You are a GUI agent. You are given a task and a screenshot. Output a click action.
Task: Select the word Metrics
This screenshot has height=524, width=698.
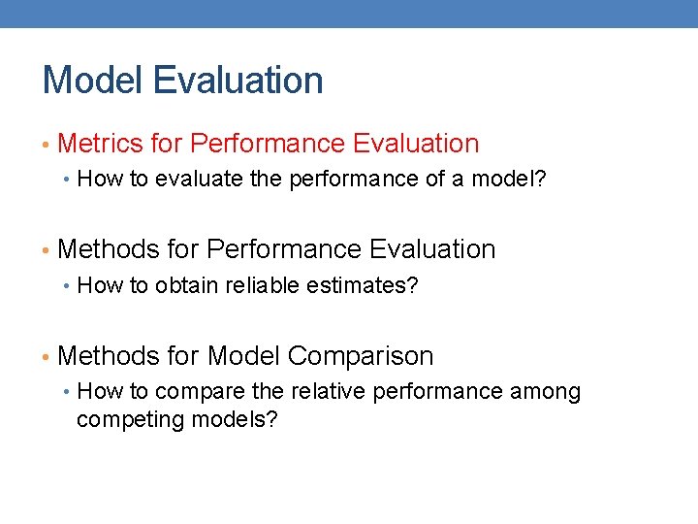pyautogui.click(x=100, y=144)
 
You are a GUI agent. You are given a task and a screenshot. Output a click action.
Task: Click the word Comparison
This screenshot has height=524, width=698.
pyautogui.click(x=362, y=356)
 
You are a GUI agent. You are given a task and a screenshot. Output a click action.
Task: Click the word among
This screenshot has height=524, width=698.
pyautogui.click(x=551, y=392)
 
